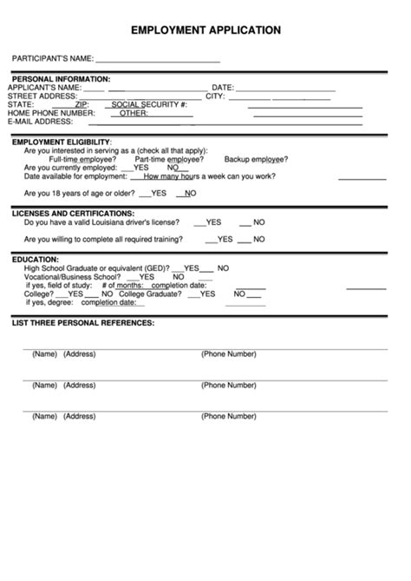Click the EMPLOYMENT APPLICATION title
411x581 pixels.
click(x=205, y=30)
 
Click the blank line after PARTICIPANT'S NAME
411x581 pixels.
click(x=157, y=61)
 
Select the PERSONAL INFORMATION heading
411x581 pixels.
click(x=61, y=79)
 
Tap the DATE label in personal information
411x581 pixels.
click(x=223, y=88)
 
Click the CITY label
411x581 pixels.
click(x=215, y=96)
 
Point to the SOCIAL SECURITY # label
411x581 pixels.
click(x=149, y=104)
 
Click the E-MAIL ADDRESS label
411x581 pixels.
click(x=41, y=122)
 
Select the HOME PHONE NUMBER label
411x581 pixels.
click(x=51, y=113)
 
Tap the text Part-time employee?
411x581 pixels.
click(x=169, y=159)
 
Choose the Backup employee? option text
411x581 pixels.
click(x=256, y=159)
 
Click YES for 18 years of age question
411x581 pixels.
click(x=158, y=193)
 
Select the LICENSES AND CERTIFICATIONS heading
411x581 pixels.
click(x=73, y=213)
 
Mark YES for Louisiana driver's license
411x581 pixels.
click(x=213, y=222)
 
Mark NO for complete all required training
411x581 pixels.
click(x=258, y=239)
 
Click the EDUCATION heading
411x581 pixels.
click(x=36, y=259)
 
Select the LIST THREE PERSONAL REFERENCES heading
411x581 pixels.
click(x=83, y=323)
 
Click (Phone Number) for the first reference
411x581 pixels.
click(x=229, y=353)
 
